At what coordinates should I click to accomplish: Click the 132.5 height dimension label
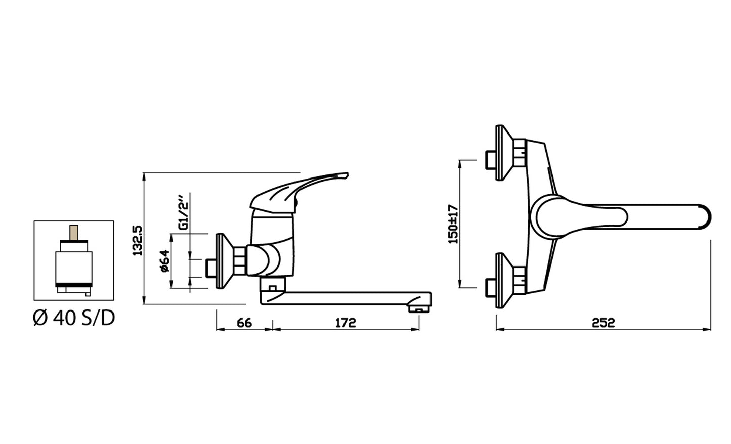[x=138, y=240]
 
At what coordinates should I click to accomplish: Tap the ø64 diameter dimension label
[x=164, y=261]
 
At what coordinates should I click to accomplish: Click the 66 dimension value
[x=244, y=323]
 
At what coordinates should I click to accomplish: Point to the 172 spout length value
[x=346, y=323]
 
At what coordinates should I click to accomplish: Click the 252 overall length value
[x=604, y=323]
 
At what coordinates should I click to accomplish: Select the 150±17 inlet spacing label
[x=453, y=224]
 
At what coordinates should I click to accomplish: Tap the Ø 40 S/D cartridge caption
[x=74, y=318]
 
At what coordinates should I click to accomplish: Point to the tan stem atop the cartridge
[x=74, y=232]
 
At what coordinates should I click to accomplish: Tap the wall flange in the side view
[x=222, y=261]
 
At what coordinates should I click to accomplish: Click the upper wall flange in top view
[x=503, y=152]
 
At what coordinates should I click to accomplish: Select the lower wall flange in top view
[x=503, y=280]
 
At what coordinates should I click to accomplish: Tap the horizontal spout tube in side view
[x=344, y=298]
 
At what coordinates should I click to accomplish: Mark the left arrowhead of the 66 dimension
[x=219, y=330]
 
